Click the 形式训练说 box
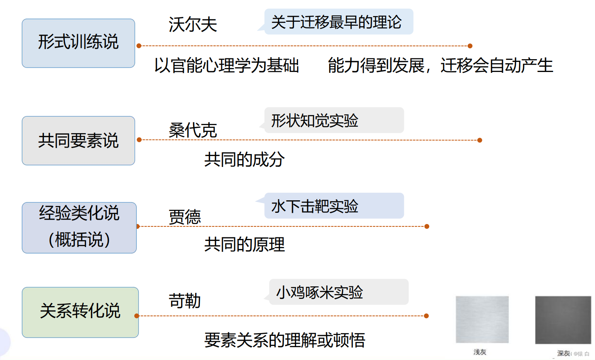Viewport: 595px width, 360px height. click(x=78, y=43)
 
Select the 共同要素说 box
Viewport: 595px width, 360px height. click(x=78, y=141)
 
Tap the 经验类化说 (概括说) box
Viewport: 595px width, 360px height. click(x=79, y=228)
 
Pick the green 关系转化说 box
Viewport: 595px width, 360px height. click(x=80, y=312)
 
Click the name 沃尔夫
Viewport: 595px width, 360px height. click(x=193, y=25)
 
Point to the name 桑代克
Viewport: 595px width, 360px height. click(x=193, y=130)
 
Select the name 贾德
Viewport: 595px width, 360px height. click(x=185, y=217)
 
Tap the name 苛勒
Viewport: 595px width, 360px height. click(x=185, y=301)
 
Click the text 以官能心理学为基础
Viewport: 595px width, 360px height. click(x=226, y=66)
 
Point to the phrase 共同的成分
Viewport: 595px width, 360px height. click(x=244, y=160)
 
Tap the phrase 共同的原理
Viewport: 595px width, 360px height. click(x=244, y=245)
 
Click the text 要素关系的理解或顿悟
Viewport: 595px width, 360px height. click(x=284, y=340)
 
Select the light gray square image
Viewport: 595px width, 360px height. click(x=482, y=319)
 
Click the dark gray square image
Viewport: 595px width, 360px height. click(x=563, y=320)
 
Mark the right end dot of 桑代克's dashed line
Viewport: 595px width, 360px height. click(x=480, y=140)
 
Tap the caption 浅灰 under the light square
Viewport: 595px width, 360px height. click(x=480, y=352)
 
